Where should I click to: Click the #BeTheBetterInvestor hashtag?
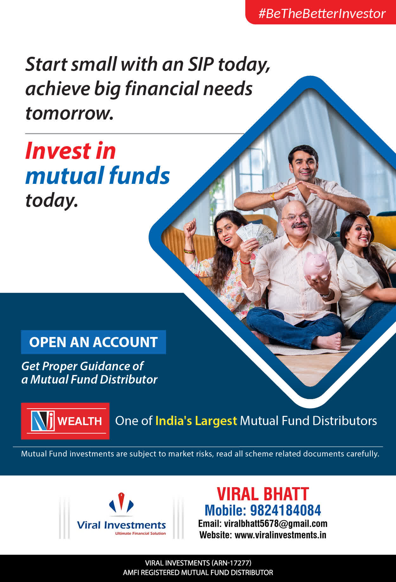[x=322, y=14]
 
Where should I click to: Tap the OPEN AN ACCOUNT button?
[x=93, y=342]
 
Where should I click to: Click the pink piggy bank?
[x=317, y=265]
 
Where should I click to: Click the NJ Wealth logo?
[x=65, y=421]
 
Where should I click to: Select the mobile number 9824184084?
[x=285, y=510]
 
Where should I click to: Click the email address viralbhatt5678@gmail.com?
[x=276, y=524]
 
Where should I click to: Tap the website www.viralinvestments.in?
[x=280, y=535]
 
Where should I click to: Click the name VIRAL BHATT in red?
[x=263, y=494]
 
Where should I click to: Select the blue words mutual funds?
[x=98, y=175]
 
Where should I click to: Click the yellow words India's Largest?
[x=196, y=421]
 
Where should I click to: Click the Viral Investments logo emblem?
[x=121, y=503]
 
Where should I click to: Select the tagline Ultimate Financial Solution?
[x=140, y=533]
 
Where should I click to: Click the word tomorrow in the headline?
[x=69, y=113]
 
